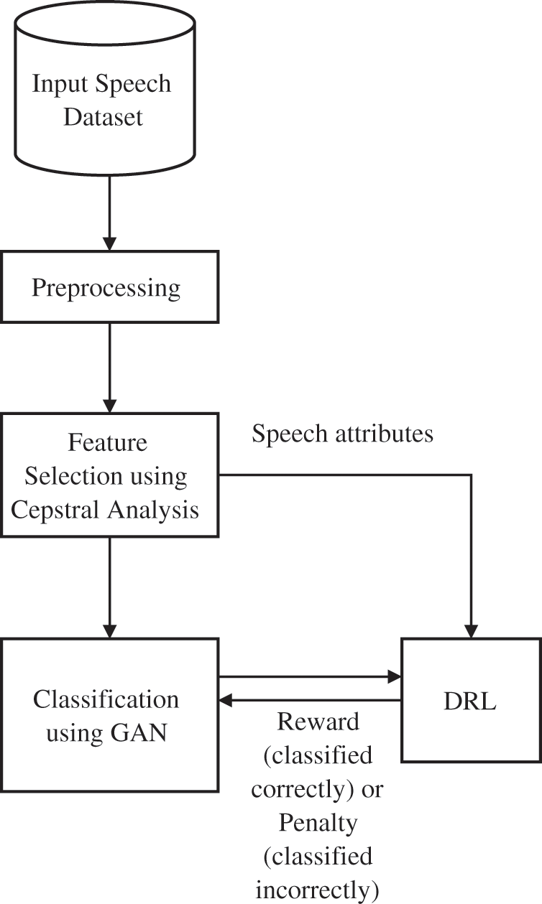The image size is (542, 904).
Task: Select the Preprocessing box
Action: pyautogui.click(x=109, y=287)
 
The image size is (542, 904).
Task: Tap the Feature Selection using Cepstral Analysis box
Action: pyautogui.click(x=109, y=475)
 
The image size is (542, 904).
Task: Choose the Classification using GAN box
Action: pyautogui.click(x=109, y=714)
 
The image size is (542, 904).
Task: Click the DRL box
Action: pyautogui.click(x=471, y=700)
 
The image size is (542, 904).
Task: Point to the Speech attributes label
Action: pyautogui.click(x=342, y=434)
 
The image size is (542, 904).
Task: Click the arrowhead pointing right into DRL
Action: pyautogui.click(x=394, y=676)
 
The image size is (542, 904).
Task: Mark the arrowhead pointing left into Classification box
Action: pyautogui.click(x=226, y=700)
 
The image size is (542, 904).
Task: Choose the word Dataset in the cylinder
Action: pyautogui.click(x=103, y=116)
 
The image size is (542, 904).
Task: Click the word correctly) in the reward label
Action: pyautogui.click(x=305, y=790)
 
